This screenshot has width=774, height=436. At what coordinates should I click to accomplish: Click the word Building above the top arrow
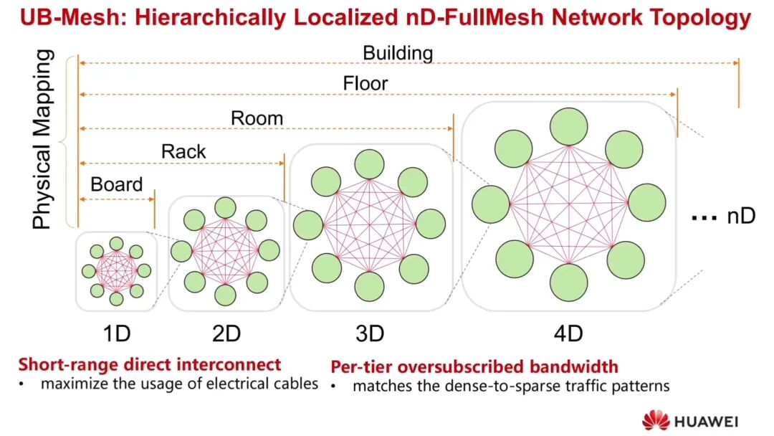click(x=398, y=53)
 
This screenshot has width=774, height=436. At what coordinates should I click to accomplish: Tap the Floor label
click(x=365, y=83)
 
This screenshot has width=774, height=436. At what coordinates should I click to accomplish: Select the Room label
click(x=257, y=118)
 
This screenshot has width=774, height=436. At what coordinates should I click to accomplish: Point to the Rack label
click(x=183, y=151)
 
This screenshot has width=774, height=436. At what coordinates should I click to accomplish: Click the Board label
click(x=117, y=185)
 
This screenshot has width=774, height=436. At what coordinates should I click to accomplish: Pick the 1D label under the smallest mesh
click(x=117, y=333)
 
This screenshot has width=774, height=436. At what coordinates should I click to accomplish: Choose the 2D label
click(x=226, y=333)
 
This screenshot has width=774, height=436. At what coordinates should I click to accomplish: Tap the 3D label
click(x=370, y=333)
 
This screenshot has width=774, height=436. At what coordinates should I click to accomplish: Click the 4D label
click(x=568, y=333)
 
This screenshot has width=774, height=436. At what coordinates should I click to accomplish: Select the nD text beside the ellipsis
click(x=741, y=217)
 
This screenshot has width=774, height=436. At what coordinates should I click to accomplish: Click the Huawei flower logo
click(x=656, y=420)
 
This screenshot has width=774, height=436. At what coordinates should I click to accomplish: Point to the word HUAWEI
click(x=707, y=422)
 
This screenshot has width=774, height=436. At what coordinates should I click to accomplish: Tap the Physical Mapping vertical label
click(x=42, y=139)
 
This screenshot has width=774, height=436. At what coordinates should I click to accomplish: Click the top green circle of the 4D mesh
click(x=569, y=127)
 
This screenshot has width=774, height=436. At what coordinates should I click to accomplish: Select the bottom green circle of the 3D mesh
click(x=369, y=287)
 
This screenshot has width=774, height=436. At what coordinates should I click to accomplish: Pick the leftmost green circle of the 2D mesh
click(x=181, y=251)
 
